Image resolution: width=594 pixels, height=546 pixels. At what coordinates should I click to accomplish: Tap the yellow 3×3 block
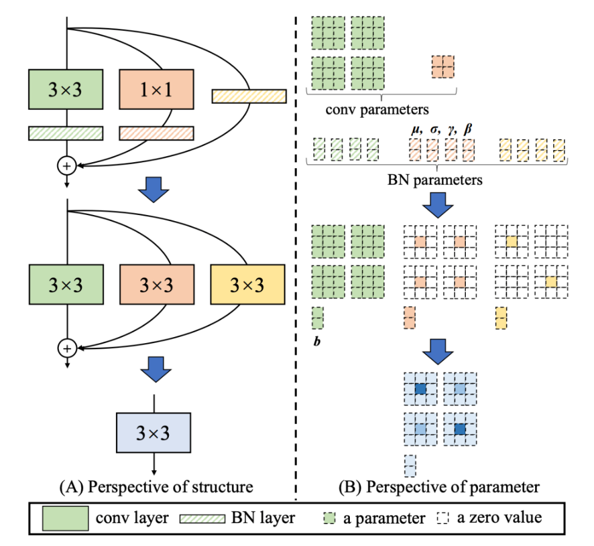pyautogui.click(x=247, y=285)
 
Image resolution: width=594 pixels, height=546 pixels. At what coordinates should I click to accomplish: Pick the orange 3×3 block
pyautogui.click(x=156, y=285)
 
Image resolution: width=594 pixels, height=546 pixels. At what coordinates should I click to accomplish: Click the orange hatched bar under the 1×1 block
pyautogui.click(x=156, y=133)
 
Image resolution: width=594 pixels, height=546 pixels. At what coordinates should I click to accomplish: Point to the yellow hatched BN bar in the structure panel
pyautogui.click(x=248, y=96)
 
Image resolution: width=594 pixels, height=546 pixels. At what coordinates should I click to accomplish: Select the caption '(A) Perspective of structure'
pyautogui.click(x=155, y=486)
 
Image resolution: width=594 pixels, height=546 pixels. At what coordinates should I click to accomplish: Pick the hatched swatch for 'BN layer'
pyautogui.click(x=202, y=518)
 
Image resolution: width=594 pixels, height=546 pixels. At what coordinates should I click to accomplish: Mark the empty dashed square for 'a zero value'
pyautogui.click(x=443, y=518)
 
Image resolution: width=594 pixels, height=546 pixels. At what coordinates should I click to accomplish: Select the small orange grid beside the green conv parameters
pyautogui.click(x=442, y=66)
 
